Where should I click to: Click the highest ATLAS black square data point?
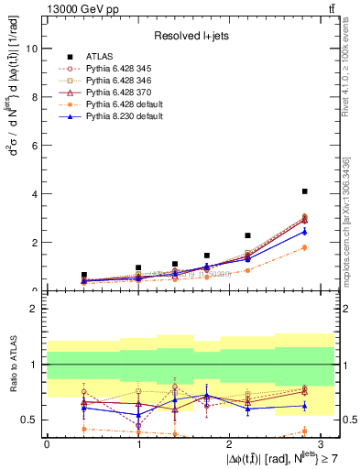pos(304,191)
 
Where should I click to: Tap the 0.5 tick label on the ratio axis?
pos(29,420)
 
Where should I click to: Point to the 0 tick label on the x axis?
pos(47,443)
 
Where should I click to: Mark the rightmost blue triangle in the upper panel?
pos(304,232)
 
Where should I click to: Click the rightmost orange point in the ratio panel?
pos(304,431)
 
